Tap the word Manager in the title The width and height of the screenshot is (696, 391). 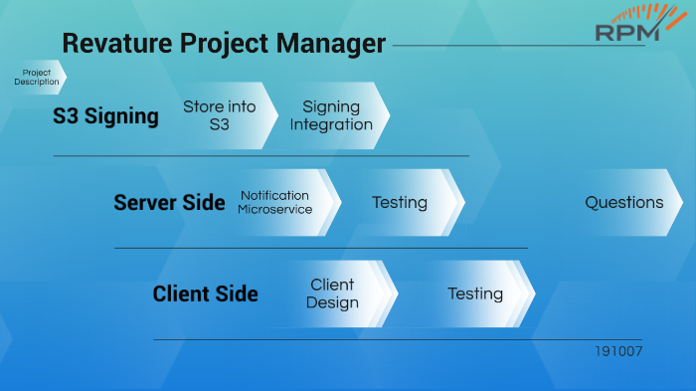[x=334, y=44]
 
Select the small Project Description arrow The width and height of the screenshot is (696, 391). [x=38, y=78]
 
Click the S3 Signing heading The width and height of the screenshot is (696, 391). [x=105, y=116]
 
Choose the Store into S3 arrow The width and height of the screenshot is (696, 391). [x=220, y=115]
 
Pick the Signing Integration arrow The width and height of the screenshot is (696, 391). [x=332, y=115]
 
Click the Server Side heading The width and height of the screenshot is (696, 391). [x=169, y=203]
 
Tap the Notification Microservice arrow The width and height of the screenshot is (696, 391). [x=276, y=202]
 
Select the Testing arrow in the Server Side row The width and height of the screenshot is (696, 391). [x=400, y=203]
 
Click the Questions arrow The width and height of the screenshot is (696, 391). [x=624, y=202]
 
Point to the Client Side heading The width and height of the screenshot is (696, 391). [x=205, y=294]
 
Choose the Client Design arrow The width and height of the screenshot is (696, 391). [x=333, y=293]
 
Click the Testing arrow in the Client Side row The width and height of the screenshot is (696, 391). [x=475, y=293]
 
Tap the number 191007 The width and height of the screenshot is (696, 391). [x=618, y=352]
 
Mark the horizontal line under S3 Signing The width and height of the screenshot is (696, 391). [x=261, y=156]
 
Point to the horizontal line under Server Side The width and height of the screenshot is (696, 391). [x=320, y=248]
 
